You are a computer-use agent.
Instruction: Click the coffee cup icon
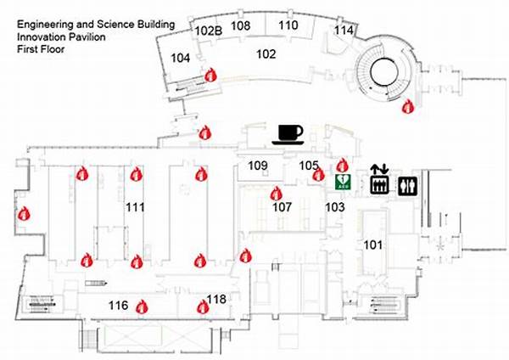click(288, 134)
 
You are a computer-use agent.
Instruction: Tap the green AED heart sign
click(343, 182)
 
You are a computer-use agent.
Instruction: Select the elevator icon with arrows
click(379, 180)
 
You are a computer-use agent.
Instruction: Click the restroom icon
click(408, 186)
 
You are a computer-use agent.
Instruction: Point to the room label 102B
click(209, 31)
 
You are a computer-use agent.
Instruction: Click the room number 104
click(180, 58)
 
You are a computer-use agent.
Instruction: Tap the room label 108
click(241, 25)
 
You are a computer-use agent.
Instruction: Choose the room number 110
click(288, 25)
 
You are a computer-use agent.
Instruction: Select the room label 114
click(344, 31)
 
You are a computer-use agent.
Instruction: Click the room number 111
click(135, 207)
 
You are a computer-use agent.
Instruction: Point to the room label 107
click(282, 207)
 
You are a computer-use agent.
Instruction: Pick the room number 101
click(372, 245)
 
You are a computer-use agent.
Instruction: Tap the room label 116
click(118, 306)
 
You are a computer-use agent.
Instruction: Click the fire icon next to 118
click(203, 307)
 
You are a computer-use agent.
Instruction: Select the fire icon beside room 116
click(142, 307)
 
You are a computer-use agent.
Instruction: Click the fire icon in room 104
click(210, 75)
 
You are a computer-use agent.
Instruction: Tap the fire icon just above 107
click(277, 194)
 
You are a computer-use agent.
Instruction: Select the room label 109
click(258, 166)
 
